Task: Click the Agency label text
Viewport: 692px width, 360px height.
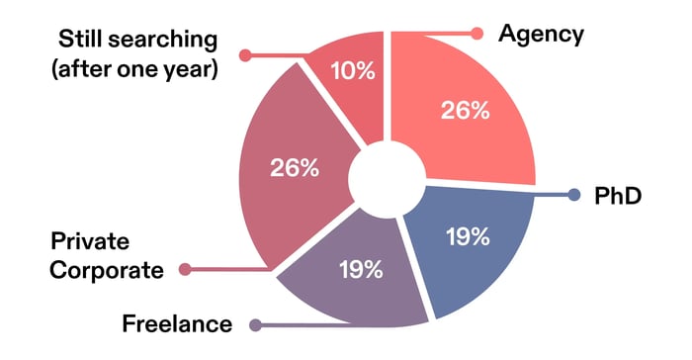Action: coord(541,34)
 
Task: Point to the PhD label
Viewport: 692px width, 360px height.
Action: coord(618,196)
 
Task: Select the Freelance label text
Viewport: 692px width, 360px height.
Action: coord(177,323)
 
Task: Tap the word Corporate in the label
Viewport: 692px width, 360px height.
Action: coord(106,269)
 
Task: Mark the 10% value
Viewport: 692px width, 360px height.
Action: coord(353,70)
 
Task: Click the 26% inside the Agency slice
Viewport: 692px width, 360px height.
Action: coord(465,111)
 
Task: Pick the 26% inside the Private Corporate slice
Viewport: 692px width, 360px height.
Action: coord(295,168)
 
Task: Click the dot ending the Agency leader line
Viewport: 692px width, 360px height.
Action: coord(477,34)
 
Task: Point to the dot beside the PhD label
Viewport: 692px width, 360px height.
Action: coord(574,196)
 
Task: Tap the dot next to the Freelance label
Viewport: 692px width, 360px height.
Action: coord(255,324)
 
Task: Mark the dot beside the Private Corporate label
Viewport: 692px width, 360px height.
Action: coord(184,268)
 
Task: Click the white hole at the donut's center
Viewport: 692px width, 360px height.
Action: coord(388,181)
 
